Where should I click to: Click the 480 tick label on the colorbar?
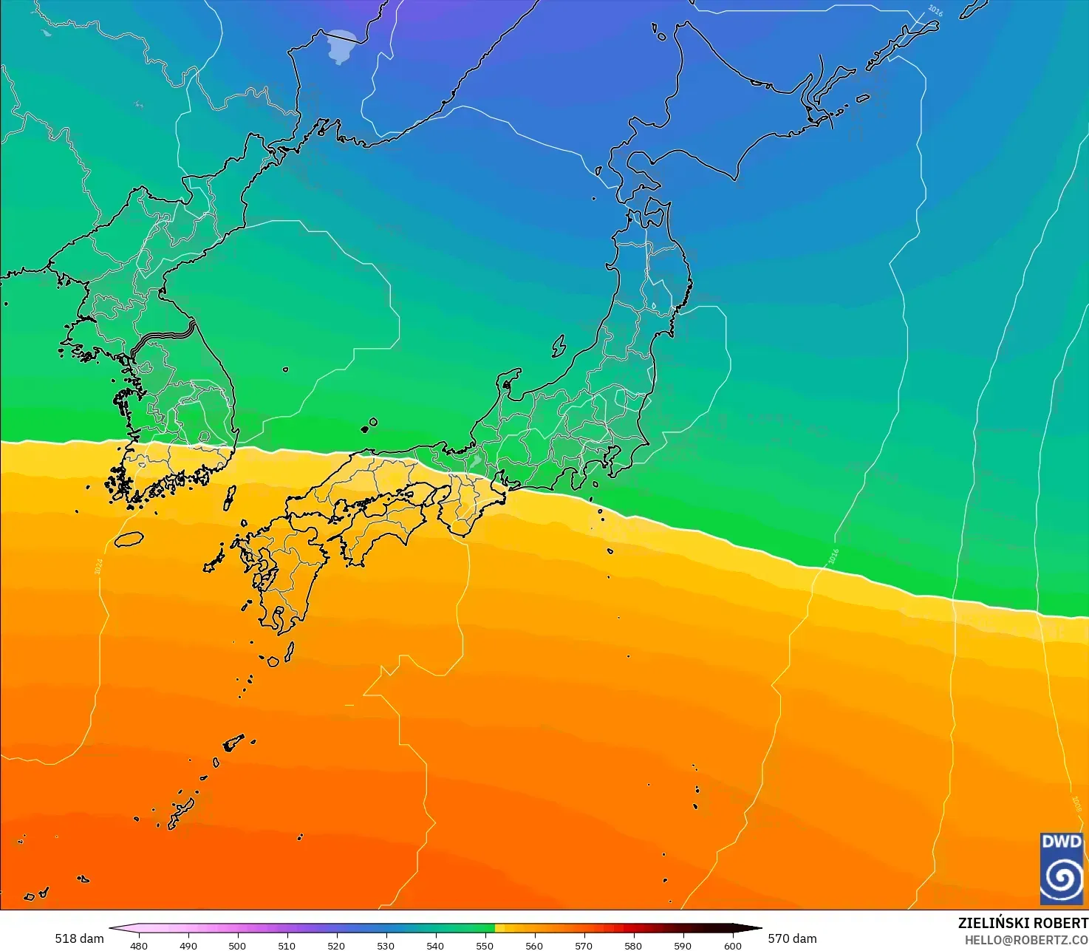[x=138, y=945]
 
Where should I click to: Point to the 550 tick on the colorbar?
[x=485, y=945]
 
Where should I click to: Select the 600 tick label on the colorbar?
[x=732, y=945]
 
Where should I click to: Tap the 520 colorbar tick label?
[x=336, y=945]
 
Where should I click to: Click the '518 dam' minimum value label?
[x=79, y=938]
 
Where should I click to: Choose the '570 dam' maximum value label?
[x=792, y=938]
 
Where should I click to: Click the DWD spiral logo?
[x=1062, y=868]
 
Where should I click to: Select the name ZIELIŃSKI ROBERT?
[x=1023, y=923]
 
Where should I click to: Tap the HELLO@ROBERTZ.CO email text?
[x=1026, y=939]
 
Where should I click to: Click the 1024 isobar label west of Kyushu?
[x=98, y=567]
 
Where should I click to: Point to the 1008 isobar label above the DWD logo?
[x=1076, y=804]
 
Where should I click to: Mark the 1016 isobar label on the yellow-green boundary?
[x=833, y=556]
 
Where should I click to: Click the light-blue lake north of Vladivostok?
[x=342, y=46]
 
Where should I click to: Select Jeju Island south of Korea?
[x=129, y=539]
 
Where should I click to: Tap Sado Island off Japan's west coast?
[x=559, y=346]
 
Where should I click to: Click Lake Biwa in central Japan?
[x=477, y=460]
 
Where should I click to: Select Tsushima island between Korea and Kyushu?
[x=229, y=498]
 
